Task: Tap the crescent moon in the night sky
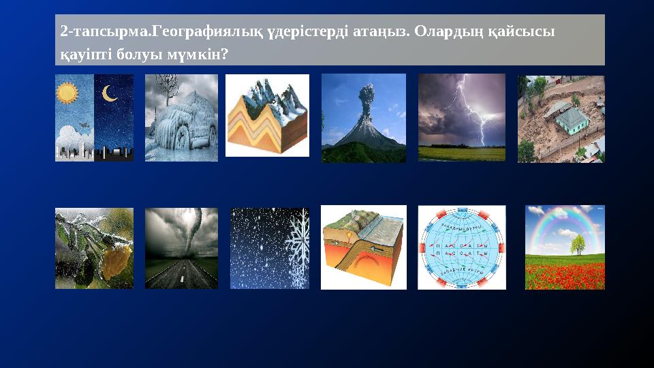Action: pyautogui.click(x=110, y=93)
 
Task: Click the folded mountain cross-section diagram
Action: pyautogui.click(x=267, y=116)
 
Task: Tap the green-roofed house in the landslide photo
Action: pyautogui.click(x=571, y=120)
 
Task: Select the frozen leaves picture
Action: pyautogui.click(x=94, y=248)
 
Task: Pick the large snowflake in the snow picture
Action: pyautogui.click(x=297, y=249)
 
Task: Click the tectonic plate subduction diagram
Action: pyautogui.click(x=363, y=247)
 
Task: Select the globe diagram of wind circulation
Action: pyautogui.click(x=462, y=247)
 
